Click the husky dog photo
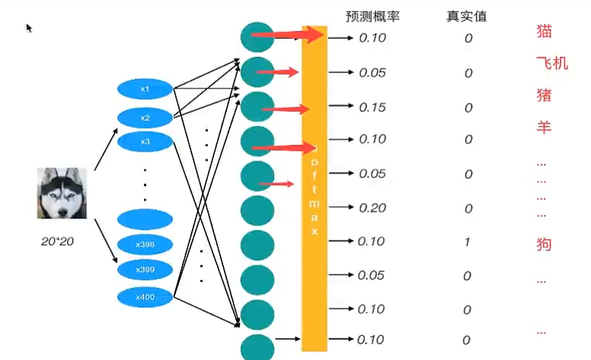click(62, 193)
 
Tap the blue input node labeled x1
click(145, 89)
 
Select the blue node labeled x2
click(145, 118)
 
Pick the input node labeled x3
click(145, 142)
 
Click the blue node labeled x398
click(145, 244)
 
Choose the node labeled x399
click(145, 269)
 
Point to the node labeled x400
click(145, 297)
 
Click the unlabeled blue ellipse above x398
click(145, 219)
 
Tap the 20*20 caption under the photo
click(57, 241)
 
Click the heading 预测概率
click(372, 17)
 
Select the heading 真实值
click(467, 17)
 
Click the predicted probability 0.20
click(372, 208)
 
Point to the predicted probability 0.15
click(372, 107)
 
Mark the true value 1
click(468, 242)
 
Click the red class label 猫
click(544, 31)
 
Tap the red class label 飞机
click(552, 63)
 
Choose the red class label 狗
click(544, 244)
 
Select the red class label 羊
click(544, 127)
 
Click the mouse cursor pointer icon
click(29, 28)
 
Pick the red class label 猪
click(544, 95)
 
